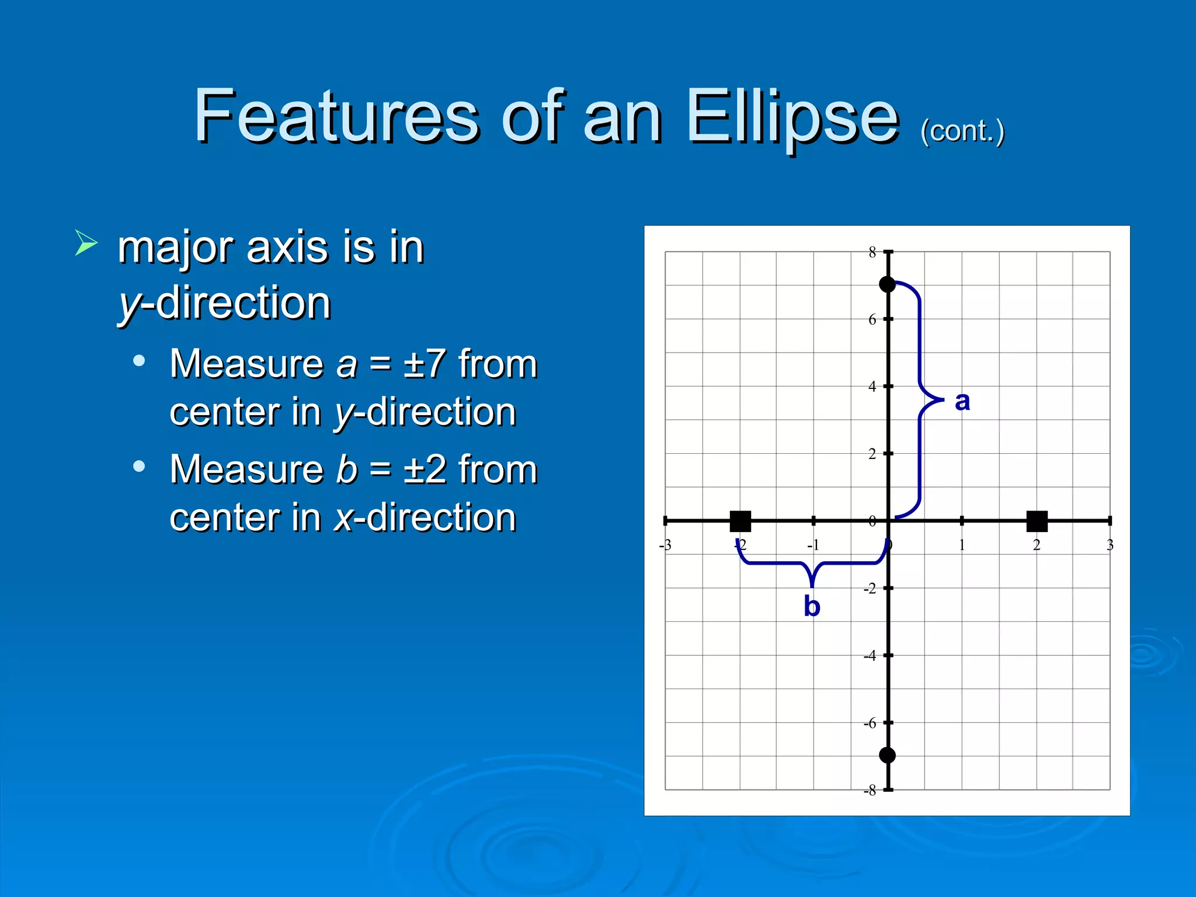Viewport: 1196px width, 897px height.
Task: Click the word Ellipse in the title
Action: [792, 117]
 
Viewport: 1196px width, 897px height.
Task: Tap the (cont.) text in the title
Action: [962, 131]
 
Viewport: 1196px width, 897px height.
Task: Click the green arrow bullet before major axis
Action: [86, 243]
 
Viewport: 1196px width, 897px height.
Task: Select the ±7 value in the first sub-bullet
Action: [425, 364]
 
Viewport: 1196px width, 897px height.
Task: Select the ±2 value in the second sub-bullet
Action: [425, 470]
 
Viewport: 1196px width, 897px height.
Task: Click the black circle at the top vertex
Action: [887, 284]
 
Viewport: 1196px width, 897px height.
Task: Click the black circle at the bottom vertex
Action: [887, 755]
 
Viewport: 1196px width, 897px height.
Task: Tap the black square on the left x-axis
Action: [740, 521]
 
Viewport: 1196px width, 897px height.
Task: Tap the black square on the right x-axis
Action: [1037, 521]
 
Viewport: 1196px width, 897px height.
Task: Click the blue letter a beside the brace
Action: [962, 402]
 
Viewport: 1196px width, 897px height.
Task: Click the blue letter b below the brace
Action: [812, 606]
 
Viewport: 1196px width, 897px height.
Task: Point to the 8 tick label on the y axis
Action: [872, 252]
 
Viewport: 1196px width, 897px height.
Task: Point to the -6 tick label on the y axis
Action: [870, 723]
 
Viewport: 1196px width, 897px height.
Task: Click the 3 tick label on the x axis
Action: [1110, 545]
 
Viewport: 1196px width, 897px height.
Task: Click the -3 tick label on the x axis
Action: [665, 545]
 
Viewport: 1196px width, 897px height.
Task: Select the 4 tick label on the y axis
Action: [872, 386]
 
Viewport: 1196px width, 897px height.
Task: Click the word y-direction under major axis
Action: [225, 303]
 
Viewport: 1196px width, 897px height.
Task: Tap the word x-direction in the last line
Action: [425, 517]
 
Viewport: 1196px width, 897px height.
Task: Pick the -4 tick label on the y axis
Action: [870, 656]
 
